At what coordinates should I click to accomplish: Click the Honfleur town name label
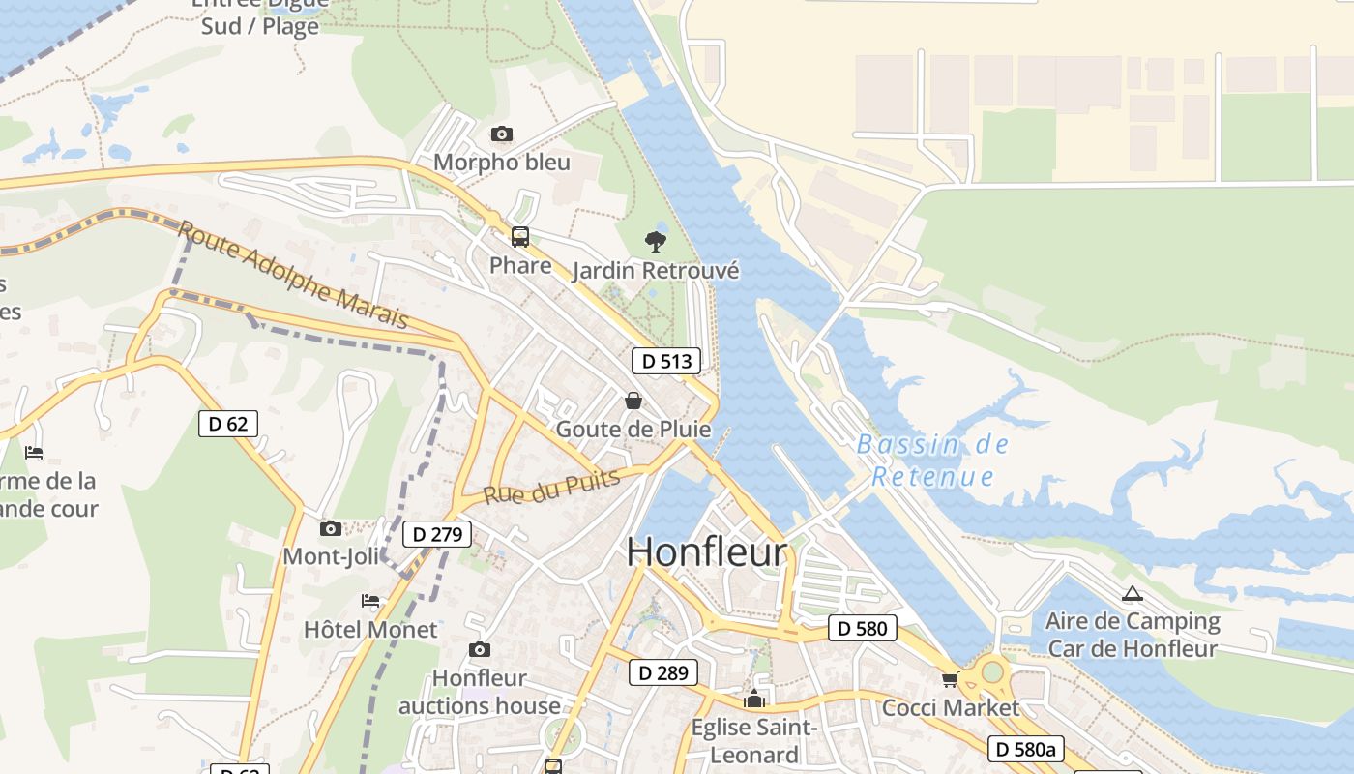pos(707,552)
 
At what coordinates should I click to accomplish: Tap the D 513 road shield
pos(665,361)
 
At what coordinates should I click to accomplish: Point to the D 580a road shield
pos(1026,748)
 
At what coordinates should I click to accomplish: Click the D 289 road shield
pos(663,672)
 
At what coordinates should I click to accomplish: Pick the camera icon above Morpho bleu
pos(501,134)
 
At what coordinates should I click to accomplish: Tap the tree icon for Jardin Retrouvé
pos(656,241)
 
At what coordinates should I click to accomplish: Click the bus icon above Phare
pos(520,237)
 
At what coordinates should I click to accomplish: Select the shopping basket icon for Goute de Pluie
pos(633,401)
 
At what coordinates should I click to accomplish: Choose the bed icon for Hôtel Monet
pos(370,601)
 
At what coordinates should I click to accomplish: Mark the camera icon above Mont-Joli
pos(331,528)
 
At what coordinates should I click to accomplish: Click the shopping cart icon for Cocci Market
pos(950,679)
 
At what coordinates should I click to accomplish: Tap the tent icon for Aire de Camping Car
pos(1132,594)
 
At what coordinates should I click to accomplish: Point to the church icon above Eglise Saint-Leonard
pos(754,699)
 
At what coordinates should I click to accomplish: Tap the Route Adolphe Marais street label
pos(293,274)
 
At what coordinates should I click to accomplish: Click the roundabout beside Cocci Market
pos(992,670)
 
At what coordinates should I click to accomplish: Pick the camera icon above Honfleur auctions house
pos(479,649)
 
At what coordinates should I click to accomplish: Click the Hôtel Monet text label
pos(370,630)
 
